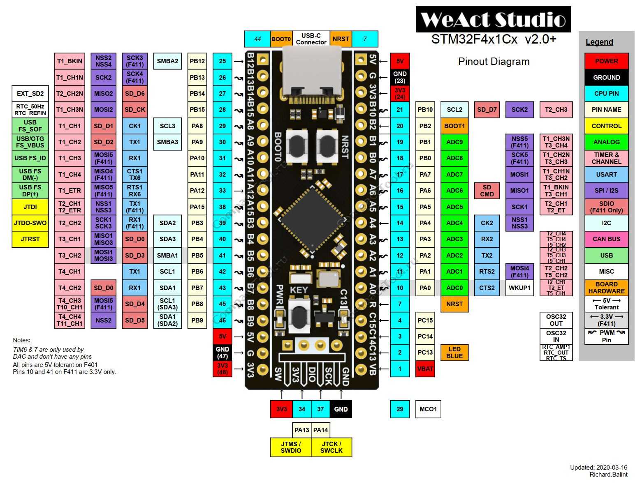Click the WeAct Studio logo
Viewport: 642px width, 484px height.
click(493, 19)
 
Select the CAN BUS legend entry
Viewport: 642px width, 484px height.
click(606, 239)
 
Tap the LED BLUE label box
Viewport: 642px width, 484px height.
click(454, 353)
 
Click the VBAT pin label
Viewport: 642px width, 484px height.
click(425, 369)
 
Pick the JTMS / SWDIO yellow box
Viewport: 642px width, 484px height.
click(291, 447)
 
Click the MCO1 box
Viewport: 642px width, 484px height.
click(428, 409)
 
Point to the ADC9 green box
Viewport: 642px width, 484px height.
click(454, 142)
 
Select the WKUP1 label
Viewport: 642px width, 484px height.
click(519, 288)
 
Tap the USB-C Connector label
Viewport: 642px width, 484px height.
click(311, 39)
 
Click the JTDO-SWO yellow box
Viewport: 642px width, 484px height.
click(30, 223)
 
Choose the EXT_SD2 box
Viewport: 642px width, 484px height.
click(30, 94)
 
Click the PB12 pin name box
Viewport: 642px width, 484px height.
click(197, 61)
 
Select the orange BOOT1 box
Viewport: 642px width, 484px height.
click(454, 126)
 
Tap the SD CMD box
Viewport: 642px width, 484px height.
click(487, 191)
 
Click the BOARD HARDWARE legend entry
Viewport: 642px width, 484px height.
click(606, 288)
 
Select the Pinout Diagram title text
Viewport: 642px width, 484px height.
click(494, 62)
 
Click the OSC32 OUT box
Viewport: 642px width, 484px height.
click(556, 320)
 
